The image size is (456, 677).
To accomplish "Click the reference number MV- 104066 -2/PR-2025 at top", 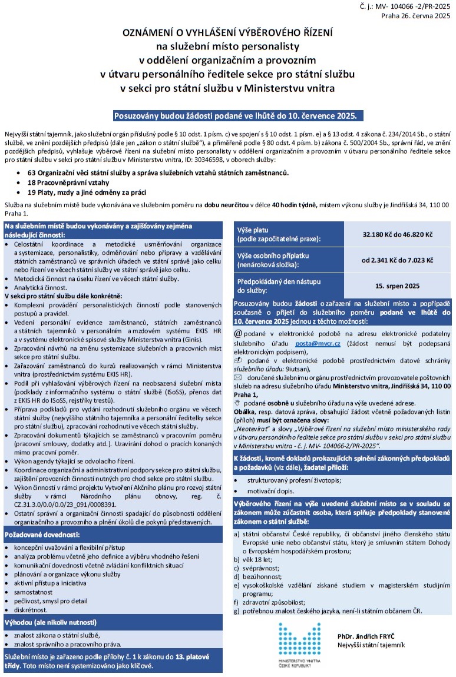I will click(413, 6).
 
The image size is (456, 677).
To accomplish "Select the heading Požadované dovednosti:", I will click(42, 535).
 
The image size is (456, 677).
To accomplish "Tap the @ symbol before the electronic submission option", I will click(238, 334).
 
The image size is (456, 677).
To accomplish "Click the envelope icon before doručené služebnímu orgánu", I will click(238, 376).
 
